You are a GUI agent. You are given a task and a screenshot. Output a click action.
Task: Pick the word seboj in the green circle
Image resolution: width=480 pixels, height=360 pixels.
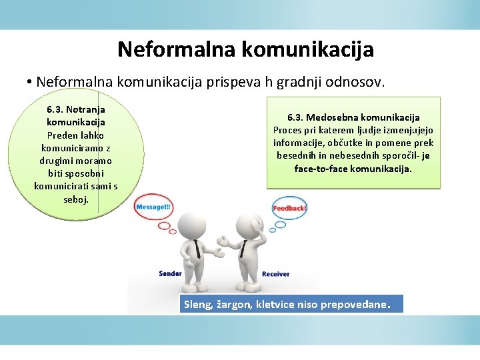75,199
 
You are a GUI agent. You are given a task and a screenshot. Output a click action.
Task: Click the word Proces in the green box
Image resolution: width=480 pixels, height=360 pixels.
288,130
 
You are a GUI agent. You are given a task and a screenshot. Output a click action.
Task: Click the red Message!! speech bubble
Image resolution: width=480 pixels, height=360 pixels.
154,207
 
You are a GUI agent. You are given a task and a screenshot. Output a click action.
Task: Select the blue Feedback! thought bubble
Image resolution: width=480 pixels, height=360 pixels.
290,208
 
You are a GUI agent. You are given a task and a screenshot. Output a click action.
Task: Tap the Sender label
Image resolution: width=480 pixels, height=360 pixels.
170,273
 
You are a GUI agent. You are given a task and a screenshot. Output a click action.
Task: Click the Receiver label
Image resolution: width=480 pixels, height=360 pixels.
276,274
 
